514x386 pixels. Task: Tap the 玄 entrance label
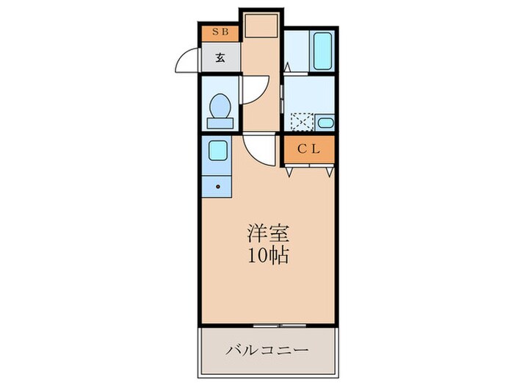pos(220,57)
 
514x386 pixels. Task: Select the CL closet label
pos(308,149)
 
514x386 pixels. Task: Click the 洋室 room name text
pos(267,235)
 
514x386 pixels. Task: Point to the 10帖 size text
pos(267,257)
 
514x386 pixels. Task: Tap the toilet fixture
pos(220,110)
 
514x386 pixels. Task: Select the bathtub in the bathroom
pos(322,51)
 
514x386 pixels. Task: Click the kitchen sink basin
pos(218,151)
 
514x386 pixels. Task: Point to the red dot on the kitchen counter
pos(218,187)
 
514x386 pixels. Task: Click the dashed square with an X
pos(302,123)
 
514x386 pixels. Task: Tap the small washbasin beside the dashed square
pos(326,123)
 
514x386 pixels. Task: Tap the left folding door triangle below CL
pos(291,171)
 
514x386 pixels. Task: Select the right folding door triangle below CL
pos(330,171)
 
